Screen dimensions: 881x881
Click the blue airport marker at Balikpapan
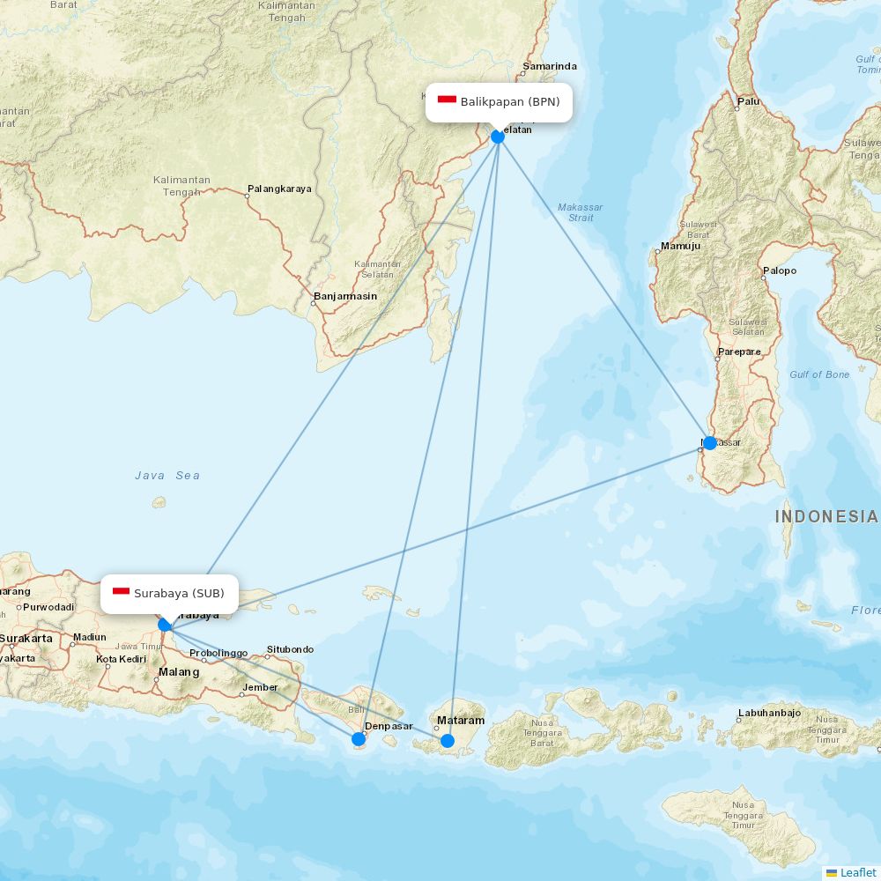(x=498, y=136)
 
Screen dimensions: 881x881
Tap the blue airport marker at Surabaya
(x=165, y=625)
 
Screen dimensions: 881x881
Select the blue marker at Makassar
(x=709, y=442)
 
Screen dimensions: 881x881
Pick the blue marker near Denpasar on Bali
(x=359, y=738)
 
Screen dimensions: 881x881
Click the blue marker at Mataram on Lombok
(x=448, y=740)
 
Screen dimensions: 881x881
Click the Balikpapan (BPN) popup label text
(x=509, y=101)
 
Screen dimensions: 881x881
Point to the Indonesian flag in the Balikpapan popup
(x=447, y=101)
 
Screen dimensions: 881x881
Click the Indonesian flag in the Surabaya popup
(x=121, y=593)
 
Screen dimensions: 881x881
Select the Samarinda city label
(x=550, y=66)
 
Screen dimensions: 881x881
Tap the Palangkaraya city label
(x=279, y=189)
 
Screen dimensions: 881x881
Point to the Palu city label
(x=748, y=101)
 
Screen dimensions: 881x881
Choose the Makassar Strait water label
(x=581, y=212)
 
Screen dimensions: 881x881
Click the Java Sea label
(x=167, y=476)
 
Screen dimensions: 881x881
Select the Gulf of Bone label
(x=819, y=374)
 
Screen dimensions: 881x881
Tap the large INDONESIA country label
(x=825, y=517)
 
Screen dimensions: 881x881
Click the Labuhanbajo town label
(x=769, y=713)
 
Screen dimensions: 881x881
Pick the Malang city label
(x=179, y=672)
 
